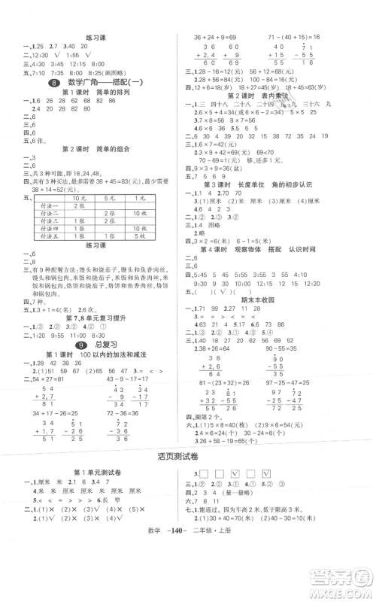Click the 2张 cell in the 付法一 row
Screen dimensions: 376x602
pos(78,205)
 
